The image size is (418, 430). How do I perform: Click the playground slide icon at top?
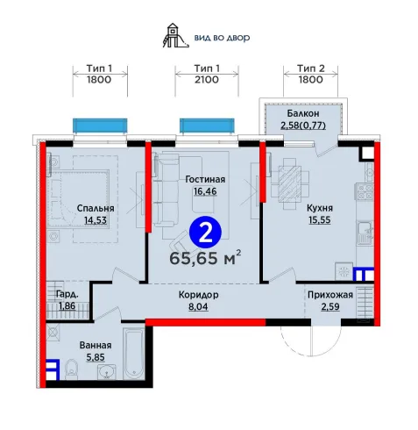[175, 35]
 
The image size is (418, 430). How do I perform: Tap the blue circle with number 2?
[205, 233]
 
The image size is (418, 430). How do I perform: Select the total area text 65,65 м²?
[205, 258]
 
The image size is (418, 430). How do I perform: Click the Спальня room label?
[96, 208]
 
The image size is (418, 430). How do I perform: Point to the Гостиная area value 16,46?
[205, 191]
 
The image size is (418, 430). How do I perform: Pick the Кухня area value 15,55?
[320, 219]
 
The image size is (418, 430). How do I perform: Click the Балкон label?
[303, 113]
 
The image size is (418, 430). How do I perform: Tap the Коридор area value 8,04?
[198, 306]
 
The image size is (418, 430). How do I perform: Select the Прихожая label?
[330, 295]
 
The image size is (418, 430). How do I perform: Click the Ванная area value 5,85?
[96, 357]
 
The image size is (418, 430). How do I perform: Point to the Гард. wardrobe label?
[67, 294]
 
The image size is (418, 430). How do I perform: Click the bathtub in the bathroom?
[134, 354]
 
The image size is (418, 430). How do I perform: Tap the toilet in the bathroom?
[71, 369]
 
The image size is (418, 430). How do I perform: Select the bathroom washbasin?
[107, 372]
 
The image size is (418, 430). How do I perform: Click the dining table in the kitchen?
[289, 183]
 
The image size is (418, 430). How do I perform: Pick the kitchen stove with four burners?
[365, 191]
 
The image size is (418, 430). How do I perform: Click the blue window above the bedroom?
[100, 125]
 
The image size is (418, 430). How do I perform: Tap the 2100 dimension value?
[207, 80]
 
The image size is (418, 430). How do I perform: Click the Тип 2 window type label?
[311, 68]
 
